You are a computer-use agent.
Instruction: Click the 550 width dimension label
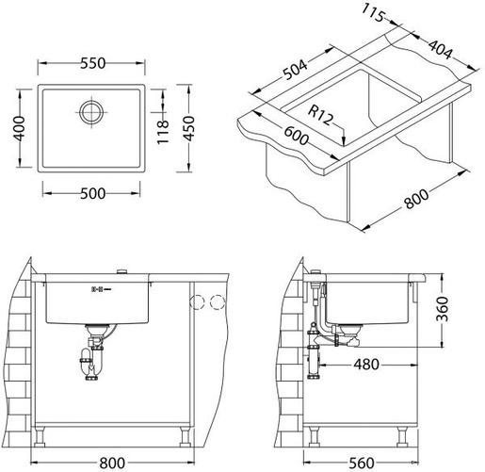click(93, 63)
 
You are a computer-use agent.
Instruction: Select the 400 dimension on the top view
click(19, 128)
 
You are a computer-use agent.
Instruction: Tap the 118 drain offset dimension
click(163, 132)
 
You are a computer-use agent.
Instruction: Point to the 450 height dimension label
click(189, 128)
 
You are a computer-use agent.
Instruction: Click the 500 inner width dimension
click(93, 194)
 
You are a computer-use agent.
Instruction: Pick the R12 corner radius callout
click(320, 115)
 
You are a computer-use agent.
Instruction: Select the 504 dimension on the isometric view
click(295, 70)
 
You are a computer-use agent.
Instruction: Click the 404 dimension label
click(441, 50)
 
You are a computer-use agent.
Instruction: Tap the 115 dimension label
click(373, 12)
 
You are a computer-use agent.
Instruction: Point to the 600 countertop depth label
click(297, 136)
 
